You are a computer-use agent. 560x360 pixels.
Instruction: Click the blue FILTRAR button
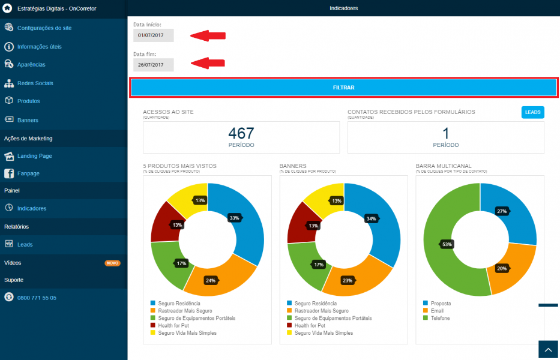point(343,88)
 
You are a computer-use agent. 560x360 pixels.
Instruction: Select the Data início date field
point(154,35)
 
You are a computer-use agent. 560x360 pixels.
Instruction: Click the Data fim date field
point(154,65)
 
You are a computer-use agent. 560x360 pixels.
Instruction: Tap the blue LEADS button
point(532,112)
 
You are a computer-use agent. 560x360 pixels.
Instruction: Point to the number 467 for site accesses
point(241,134)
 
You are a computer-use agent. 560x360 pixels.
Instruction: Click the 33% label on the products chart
point(234,218)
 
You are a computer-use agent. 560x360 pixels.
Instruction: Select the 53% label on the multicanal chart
point(447,244)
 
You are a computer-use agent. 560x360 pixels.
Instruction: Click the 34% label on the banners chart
point(371,218)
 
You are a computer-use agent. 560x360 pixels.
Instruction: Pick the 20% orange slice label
point(501,269)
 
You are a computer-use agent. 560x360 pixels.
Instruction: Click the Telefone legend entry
point(436,318)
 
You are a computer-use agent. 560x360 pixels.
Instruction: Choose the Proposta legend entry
point(437,303)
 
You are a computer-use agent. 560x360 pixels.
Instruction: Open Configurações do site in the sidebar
point(44,28)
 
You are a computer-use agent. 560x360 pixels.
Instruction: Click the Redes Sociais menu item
point(35,83)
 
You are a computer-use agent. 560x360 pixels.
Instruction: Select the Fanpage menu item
point(28,173)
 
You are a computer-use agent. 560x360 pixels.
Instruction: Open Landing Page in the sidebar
point(34,156)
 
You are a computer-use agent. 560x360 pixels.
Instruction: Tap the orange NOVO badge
point(112,263)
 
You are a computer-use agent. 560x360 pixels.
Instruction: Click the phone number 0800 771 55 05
point(37,298)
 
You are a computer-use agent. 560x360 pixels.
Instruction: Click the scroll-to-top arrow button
point(548,350)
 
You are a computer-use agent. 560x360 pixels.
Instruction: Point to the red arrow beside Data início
point(208,35)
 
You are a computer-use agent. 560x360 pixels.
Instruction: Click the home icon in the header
point(7,8)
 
